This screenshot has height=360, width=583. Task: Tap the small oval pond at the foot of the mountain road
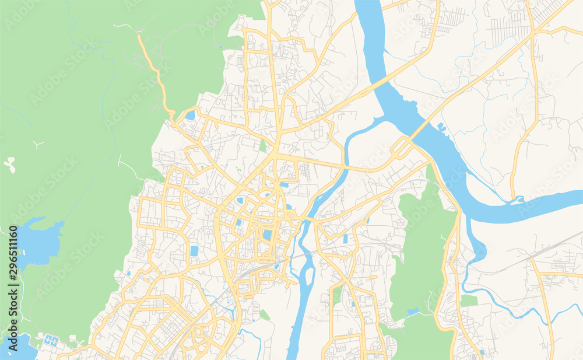(x=191, y=116)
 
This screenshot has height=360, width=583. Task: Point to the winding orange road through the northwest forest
(x=156, y=76)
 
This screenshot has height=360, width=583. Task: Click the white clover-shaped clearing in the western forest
(x=9, y=164)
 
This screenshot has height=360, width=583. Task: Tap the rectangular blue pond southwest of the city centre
(x=194, y=251)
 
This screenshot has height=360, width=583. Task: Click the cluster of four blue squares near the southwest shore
(x=51, y=340)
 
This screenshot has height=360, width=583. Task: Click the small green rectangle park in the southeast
(x=469, y=300)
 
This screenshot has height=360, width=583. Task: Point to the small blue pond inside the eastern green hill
(x=413, y=312)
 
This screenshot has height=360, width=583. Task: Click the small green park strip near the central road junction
(x=263, y=145)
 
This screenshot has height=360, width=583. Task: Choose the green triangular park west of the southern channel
(x=265, y=315)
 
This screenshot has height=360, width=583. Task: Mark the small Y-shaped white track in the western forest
(x=38, y=144)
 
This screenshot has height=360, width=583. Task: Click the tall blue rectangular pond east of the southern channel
(x=345, y=239)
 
